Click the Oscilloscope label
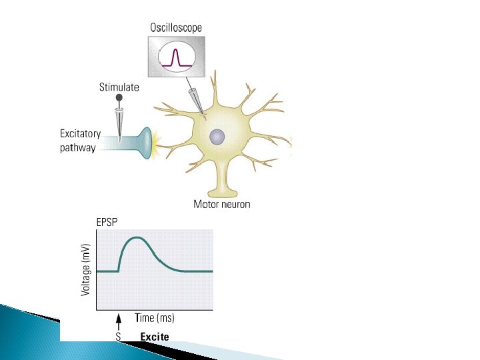175,28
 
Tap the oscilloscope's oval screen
176,57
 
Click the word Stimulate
119,87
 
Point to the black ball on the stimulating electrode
120,98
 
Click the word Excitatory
81,135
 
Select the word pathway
78,148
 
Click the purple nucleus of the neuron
217,137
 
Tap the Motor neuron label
222,204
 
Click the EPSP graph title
107,222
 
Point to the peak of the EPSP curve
137,237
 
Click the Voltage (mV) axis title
86,269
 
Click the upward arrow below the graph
118,323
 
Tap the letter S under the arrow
118,337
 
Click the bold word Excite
155,337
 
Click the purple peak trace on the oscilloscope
177,53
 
